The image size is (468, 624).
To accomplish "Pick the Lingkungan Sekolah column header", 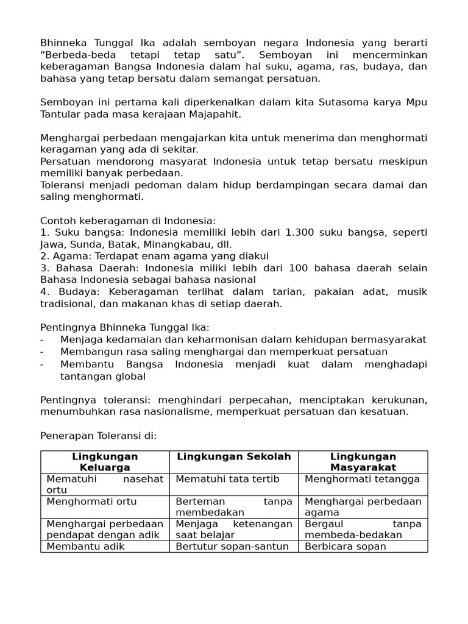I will (233, 456).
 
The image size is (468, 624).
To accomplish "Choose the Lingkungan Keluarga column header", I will (105, 462).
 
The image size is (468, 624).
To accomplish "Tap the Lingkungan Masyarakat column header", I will (363, 462).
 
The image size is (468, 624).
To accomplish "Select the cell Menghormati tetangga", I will (362, 479).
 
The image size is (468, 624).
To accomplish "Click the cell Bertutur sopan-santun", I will (232, 546).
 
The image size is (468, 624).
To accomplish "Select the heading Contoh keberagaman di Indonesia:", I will (128, 221).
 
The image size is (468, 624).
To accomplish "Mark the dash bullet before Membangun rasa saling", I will (42, 352).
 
